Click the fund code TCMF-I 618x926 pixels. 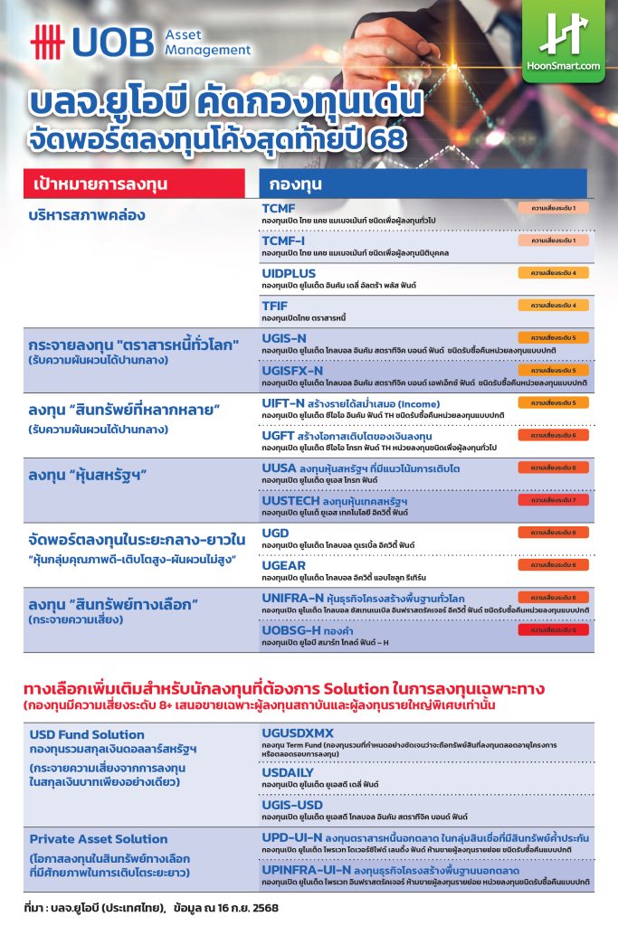click(x=282, y=241)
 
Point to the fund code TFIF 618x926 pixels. click(x=275, y=306)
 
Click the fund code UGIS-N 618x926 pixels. click(x=284, y=338)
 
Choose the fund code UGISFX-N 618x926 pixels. click(x=292, y=371)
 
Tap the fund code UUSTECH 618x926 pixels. click(x=290, y=500)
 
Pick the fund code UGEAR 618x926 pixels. click(x=282, y=565)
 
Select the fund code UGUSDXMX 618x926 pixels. click(x=298, y=732)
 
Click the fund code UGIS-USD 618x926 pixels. click(x=291, y=804)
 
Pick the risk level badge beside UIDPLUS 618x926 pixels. click(x=554, y=272)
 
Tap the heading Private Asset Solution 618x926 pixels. click(x=99, y=838)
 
